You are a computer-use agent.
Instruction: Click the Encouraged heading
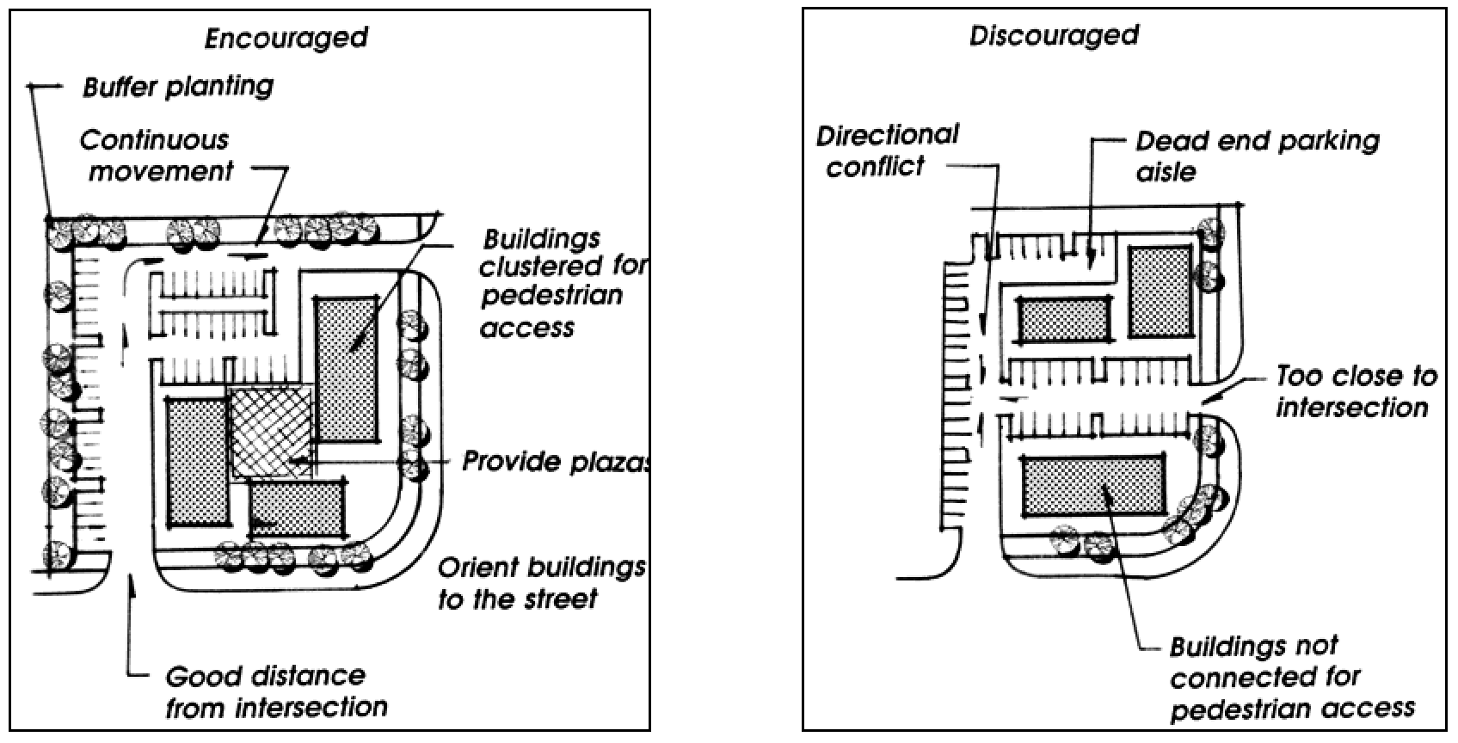point(286,39)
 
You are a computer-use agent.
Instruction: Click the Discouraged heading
point(1054,36)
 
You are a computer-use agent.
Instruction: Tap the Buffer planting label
point(178,87)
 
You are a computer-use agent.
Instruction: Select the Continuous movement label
point(156,156)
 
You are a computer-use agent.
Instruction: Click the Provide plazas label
point(556,462)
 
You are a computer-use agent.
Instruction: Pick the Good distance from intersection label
point(275,691)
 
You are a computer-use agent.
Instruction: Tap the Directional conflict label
point(886,150)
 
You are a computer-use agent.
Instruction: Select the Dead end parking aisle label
point(1257,156)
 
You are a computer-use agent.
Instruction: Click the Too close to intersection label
point(1356,391)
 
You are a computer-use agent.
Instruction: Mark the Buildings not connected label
point(1290,678)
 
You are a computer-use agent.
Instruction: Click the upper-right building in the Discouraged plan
point(1161,292)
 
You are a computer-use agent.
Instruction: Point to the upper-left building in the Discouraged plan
point(1064,319)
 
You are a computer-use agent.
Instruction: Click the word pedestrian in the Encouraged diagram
point(551,296)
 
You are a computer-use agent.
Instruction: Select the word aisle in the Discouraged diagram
point(1166,172)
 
